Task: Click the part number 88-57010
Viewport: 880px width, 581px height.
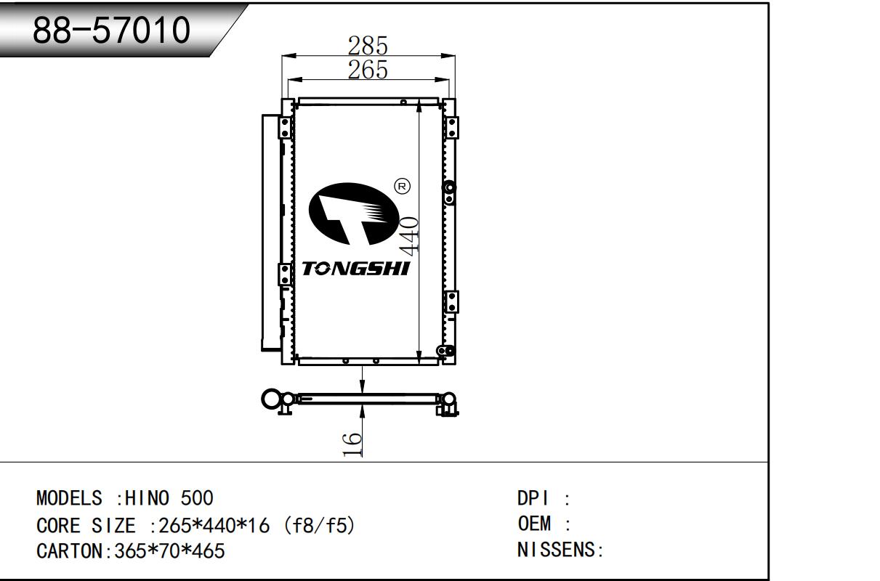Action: [112, 31]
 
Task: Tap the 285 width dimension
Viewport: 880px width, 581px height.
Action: [368, 46]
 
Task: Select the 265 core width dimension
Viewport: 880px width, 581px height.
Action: [368, 70]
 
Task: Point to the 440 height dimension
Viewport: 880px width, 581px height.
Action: [408, 235]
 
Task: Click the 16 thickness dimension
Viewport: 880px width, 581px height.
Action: [352, 444]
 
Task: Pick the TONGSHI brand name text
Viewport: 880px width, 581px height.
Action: [356, 269]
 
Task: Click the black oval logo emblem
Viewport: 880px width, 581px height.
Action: [354, 214]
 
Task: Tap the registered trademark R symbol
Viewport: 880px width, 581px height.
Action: [402, 186]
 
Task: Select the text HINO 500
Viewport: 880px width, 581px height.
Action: [169, 498]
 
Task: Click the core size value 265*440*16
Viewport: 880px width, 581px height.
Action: [214, 525]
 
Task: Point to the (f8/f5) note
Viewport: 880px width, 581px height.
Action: [319, 525]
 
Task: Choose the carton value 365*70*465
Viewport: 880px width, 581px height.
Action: [169, 551]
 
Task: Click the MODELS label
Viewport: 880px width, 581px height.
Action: [69, 498]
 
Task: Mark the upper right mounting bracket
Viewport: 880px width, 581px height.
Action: [451, 128]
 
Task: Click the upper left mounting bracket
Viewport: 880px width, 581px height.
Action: [285, 128]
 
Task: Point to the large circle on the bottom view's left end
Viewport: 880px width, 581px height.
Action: [271, 399]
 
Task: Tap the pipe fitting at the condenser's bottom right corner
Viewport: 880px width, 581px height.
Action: [446, 351]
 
